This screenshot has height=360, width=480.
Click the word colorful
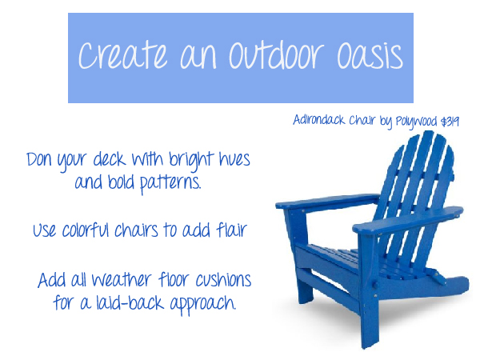[98, 231]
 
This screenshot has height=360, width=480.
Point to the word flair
[230, 231]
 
